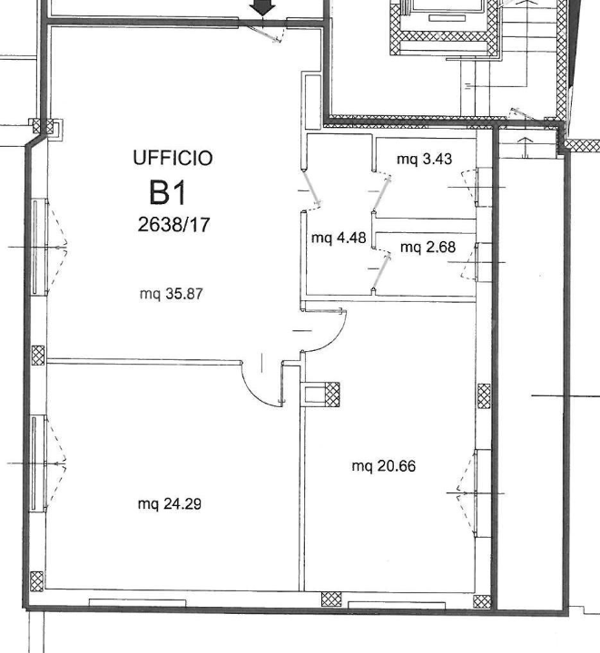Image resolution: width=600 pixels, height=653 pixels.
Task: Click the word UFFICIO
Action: [172, 159]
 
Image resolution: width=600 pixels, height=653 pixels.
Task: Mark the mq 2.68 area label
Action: [428, 247]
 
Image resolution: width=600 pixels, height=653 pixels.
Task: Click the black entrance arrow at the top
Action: [264, 8]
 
